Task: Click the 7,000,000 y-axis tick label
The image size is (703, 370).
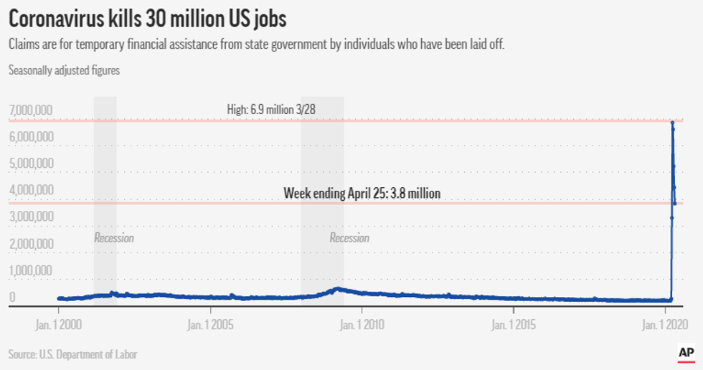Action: pyautogui.click(x=31, y=110)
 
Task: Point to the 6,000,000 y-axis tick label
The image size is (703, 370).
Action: pyautogui.click(x=31, y=136)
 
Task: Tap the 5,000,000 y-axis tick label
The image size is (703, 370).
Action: pyautogui.click(x=31, y=163)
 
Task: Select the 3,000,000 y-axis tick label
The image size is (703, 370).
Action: pyautogui.click(x=31, y=217)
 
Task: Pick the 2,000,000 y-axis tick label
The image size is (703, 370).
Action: pyautogui.click(x=31, y=244)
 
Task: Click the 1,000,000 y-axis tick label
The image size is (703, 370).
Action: pyautogui.click(x=31, y=270)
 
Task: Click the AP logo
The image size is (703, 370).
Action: pyautogui.click(x=686, y=353)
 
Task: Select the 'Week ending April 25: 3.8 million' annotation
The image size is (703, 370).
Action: pyautogui.click(x=362, y=193)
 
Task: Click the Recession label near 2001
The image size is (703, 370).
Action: pyautogui.click(x=114, y=237)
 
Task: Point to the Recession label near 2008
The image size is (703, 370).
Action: pyautogui.click(x=349, y=237)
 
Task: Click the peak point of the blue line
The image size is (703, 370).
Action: pyautogui.click(x=672, y=123)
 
